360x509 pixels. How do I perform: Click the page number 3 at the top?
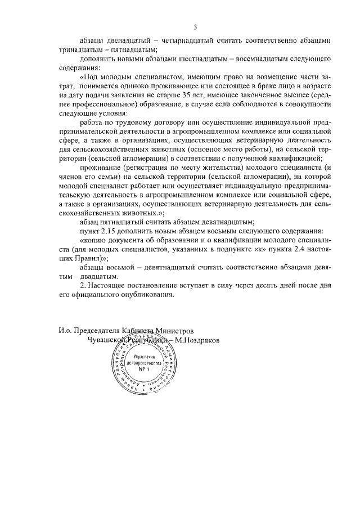pos(195,27)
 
